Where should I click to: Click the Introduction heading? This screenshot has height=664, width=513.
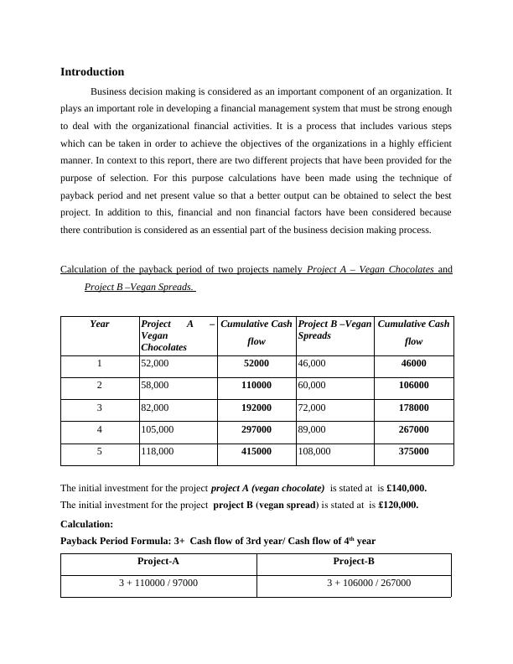point(92,72)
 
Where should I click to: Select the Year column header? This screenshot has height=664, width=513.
point(100,324)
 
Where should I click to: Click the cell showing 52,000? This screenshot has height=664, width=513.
point(155,363)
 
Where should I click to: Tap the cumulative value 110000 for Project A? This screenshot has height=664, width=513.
point(256,386)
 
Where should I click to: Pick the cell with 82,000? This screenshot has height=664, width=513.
point(155,407)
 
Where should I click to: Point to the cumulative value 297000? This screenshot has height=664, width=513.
point(256,429)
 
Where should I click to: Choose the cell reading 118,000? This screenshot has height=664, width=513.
point(158,451)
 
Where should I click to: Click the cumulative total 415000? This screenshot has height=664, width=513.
point(256,451)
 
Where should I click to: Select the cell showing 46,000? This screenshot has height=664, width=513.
point(313,363)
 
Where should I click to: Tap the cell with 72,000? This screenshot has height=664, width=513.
point(313,407)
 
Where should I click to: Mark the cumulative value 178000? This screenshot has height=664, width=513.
point(413,407)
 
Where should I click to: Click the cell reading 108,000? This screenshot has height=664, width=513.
point(315,451)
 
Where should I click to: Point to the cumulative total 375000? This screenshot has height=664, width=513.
point(413,451)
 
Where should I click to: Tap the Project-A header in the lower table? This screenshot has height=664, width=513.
point(158,562)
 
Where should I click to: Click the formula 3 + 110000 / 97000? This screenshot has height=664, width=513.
point(158,582)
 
